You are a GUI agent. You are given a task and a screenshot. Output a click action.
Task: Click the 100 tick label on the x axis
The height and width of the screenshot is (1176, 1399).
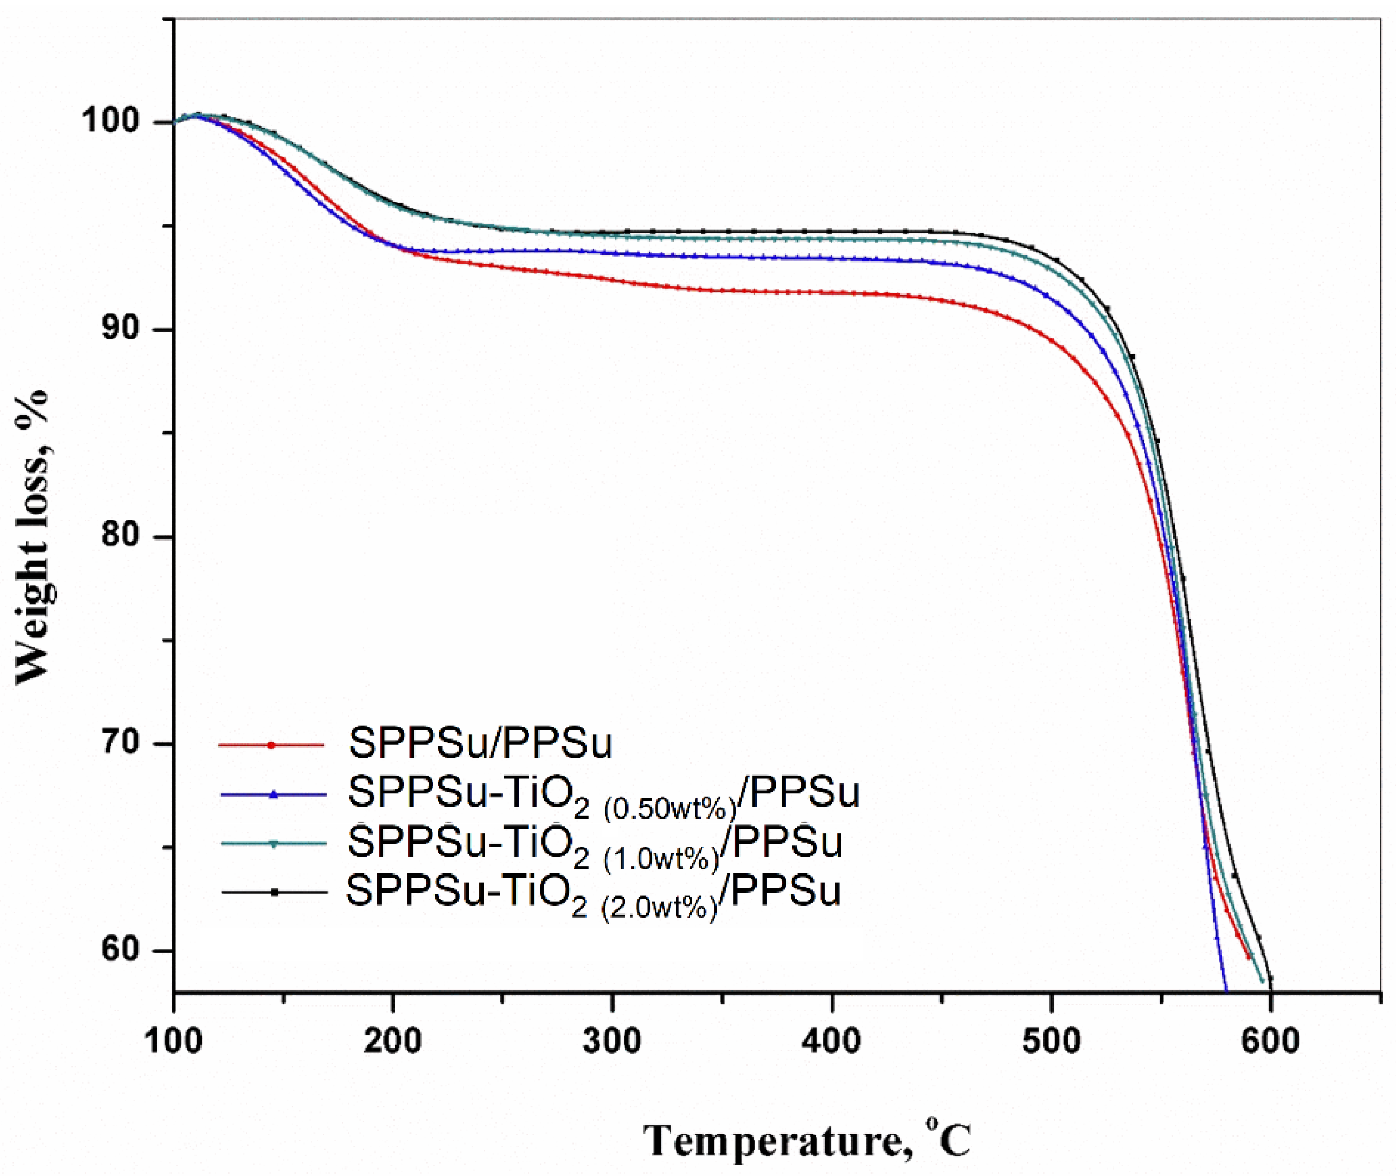174,1042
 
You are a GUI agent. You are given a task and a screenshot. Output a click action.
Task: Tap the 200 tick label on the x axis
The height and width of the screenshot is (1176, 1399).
393,1042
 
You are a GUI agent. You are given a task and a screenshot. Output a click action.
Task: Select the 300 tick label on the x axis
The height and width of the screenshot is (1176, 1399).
612,1042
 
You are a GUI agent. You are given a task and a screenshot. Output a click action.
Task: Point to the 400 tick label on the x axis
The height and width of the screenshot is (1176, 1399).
831,1042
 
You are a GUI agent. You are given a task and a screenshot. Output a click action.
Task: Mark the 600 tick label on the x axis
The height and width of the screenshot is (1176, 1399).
1271,1042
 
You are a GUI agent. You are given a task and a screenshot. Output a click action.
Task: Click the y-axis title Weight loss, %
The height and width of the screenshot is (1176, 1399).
33,536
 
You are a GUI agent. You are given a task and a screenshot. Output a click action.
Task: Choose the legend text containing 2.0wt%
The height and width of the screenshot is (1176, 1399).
593,894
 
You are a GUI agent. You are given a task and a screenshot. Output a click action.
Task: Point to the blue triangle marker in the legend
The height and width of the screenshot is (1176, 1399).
273,794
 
